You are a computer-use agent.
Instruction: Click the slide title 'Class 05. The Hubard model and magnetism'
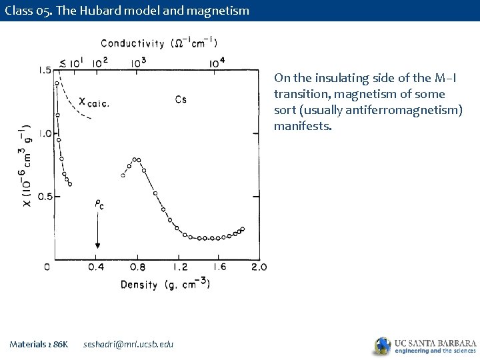126,10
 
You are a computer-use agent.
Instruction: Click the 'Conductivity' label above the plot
133,44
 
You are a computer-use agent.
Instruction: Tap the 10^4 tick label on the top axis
217,63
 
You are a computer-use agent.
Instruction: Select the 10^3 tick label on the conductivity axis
139,63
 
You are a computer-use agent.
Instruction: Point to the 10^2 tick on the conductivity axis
101,63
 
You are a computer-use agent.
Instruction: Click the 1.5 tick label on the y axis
45,71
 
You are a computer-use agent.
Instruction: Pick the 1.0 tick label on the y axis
45,133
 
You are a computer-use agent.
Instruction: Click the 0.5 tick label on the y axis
45,197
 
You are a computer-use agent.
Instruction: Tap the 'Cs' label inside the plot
181,100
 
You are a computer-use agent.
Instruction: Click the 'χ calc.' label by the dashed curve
94,103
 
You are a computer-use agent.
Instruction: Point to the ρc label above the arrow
99,205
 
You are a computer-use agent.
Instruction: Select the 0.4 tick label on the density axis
96,267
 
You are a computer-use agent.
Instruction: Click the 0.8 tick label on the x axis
137,267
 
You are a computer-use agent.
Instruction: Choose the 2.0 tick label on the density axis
259,267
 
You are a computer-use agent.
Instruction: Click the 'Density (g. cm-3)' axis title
165,285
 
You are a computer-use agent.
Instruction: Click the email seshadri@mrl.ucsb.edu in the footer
128,344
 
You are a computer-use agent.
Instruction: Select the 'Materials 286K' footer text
39,344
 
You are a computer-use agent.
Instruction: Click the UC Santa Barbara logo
425,345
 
